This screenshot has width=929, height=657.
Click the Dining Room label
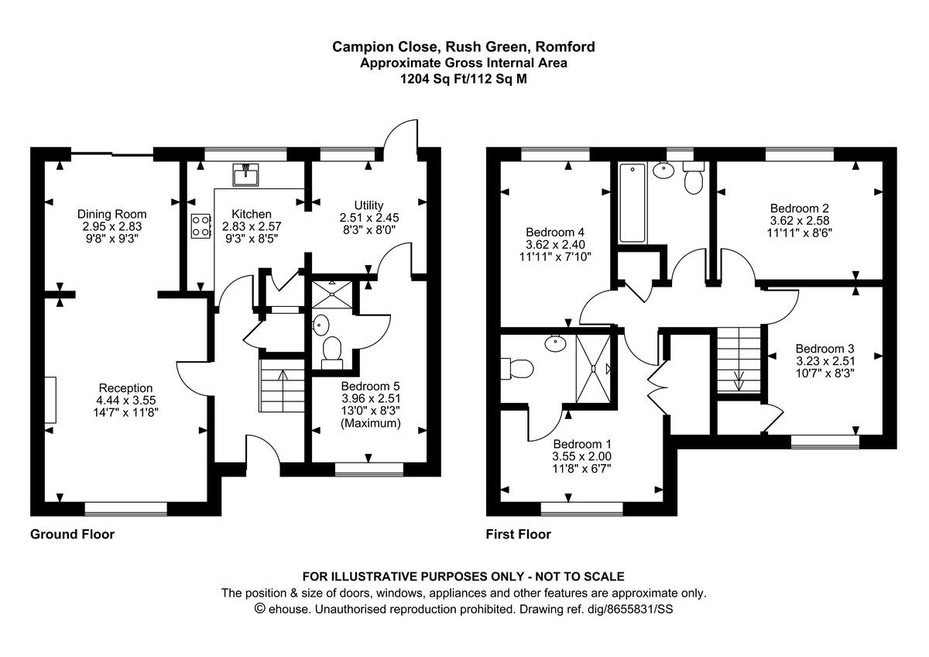[111, 214]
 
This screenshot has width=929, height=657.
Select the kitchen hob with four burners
[201, 225]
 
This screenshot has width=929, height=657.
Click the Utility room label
[369, 205]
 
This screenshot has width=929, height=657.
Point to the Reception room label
[125, 388]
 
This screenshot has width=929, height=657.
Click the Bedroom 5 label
[370, 386]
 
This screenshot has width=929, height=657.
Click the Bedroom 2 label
[800, 208]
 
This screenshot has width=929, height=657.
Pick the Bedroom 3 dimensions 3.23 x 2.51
[825, 360]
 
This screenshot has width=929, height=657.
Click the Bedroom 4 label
[554, 232]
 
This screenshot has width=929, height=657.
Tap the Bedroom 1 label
[581, 444]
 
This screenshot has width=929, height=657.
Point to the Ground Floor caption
[72, 534]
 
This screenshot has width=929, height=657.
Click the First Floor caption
[518, 534]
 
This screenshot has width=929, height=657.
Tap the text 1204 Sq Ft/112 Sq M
[463, 78]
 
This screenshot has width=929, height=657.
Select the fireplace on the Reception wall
[50, 399]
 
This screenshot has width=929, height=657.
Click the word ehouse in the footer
[288, 609]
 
